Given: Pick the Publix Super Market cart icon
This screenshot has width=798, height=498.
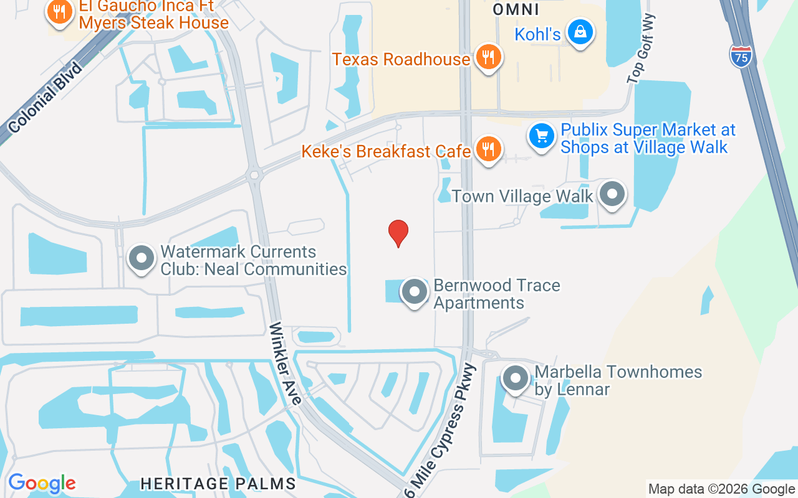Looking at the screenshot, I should pos(542,136).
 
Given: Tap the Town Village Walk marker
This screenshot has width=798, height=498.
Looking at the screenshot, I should pos(612,194).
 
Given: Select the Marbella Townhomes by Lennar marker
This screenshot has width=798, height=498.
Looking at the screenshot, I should pos(516,378).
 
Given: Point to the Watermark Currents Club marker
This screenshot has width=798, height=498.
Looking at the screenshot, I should pos(142,258).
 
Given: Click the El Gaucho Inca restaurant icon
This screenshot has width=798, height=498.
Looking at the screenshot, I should pos(60,11).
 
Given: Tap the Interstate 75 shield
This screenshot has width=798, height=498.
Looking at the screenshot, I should pos(741,55).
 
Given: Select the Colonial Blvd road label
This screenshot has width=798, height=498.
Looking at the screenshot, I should pos(46,97).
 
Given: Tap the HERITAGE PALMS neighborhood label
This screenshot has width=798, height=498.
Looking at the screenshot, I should pos(218,483).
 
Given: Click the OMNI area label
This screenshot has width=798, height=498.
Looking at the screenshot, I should pos(516,9).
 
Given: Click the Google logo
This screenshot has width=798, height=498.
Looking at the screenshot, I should pos(42,483).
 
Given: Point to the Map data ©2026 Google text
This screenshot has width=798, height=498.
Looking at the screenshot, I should pos(721,489).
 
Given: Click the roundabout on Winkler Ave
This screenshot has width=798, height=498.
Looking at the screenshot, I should pos(254,175).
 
